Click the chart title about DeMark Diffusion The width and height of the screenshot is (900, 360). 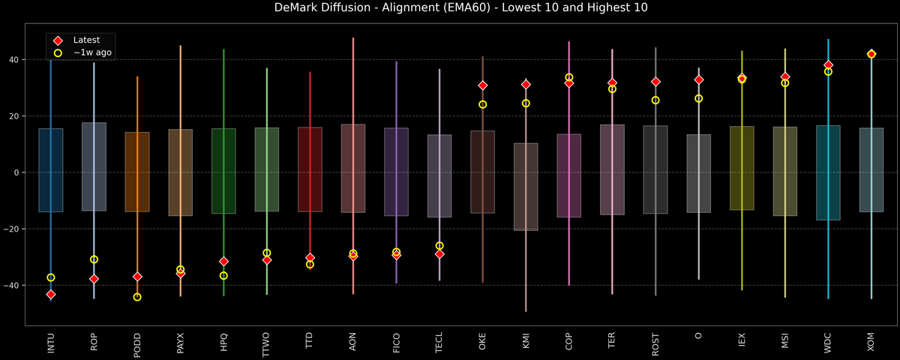click(450, 8)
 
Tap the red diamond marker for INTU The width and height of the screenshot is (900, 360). click(51, 295)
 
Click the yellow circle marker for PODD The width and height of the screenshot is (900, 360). click(137, 297)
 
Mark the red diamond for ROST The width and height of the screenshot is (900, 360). click(655, 82)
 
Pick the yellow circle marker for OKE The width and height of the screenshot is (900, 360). click(483, 104)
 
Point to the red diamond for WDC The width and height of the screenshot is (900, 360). click(828, 65)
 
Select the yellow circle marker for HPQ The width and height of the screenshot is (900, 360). click(223, 276)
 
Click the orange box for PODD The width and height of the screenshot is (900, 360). click(137, 172)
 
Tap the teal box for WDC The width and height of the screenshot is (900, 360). click(828, 172)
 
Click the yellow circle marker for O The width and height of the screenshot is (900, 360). click(699, 98)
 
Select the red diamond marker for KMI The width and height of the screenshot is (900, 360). click(526, 85)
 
